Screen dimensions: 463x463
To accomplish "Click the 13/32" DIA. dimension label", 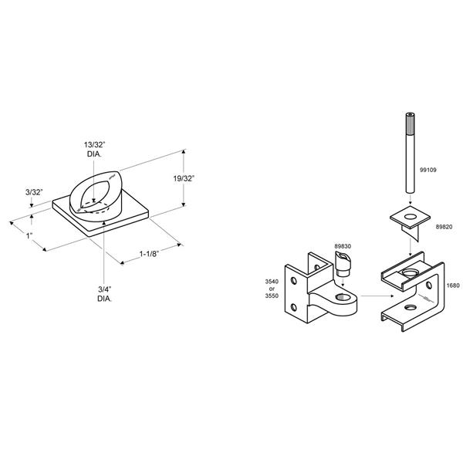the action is point(94,149).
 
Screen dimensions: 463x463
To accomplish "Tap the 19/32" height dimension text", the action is point(184,178).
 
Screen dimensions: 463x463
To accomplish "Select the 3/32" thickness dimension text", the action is point(34,192).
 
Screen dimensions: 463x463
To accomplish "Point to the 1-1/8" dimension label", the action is point(149,254).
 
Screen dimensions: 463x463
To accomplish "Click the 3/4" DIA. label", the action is point(104,294).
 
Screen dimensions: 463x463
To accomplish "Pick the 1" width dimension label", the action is point(29,236).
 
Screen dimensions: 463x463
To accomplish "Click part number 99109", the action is point(428,170).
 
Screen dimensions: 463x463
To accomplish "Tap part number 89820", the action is point(444,227).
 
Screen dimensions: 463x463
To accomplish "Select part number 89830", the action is point(343,246).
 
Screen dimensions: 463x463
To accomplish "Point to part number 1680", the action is point(453,286).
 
